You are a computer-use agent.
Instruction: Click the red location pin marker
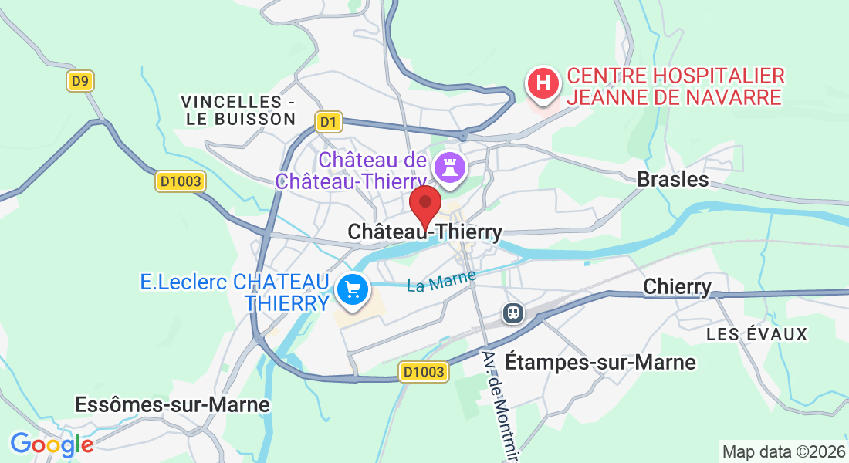(424, 204)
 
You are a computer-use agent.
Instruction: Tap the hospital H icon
(543, 82)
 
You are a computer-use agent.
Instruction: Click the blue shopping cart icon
(353, 291)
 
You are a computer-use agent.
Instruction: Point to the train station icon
(513, 313)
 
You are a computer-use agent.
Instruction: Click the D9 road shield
(79, 81)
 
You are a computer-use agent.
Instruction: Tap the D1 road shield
(329, 121)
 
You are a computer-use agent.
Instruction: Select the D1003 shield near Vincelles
(181, 181)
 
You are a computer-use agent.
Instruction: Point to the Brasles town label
(672, 180)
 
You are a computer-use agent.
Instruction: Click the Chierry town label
(677, 287)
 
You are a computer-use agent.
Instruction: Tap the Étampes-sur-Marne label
(600, 362)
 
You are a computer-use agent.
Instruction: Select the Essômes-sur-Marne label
(172, 404)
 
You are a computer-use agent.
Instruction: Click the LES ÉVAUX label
(757, 334)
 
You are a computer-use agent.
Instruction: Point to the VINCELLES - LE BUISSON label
(239, 110)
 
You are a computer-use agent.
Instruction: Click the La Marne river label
(441, 280)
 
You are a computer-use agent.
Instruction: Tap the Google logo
(52, 444)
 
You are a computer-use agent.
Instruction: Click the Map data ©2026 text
(783, 451)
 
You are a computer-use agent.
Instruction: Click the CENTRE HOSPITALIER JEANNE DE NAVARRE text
(675, 86)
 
